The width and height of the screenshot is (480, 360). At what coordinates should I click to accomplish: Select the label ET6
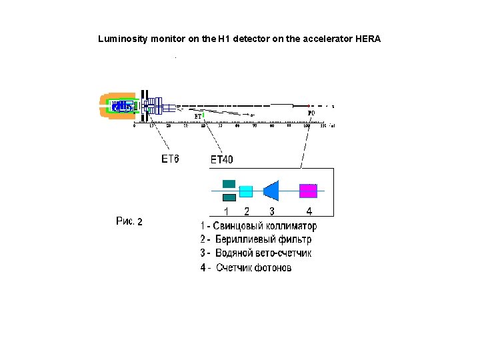pos(171,159)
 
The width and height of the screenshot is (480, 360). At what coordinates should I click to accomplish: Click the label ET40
pos(222,159)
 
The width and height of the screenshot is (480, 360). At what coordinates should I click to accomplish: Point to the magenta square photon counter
pos(307,191)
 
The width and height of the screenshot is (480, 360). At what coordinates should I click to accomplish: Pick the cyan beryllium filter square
pos(246,191)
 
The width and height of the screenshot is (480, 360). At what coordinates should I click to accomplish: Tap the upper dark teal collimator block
pos(229,184)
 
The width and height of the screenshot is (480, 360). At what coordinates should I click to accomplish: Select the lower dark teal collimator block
pos(229,197)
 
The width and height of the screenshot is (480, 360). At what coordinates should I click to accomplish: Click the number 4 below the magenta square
pos(309,211)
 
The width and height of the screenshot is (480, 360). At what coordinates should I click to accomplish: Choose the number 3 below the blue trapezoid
pos(271,211)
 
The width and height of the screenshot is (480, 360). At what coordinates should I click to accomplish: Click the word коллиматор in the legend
pos(287,226)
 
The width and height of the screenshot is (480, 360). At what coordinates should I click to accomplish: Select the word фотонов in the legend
pos(271,268)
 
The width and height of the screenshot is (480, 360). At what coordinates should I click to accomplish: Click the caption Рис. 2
pos(129,221)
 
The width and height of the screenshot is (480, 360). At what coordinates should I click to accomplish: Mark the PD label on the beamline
pos(311,113)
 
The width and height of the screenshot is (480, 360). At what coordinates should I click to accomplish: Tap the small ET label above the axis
pos(198,116)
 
